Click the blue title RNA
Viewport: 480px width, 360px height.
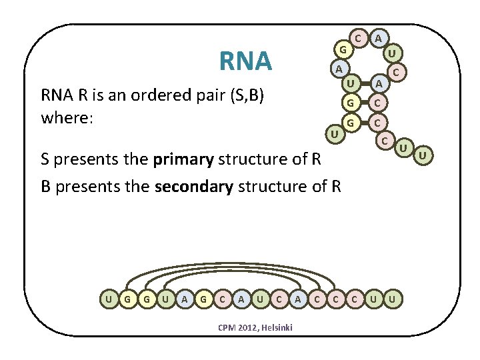click(245, 61)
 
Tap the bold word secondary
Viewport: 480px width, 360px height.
click(193, 186)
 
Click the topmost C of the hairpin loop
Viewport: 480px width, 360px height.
click(359, 39)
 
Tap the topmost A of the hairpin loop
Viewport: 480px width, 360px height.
click(379, 39)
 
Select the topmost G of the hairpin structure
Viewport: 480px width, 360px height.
click(341, 50)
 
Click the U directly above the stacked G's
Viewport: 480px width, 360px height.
click(349, 83)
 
